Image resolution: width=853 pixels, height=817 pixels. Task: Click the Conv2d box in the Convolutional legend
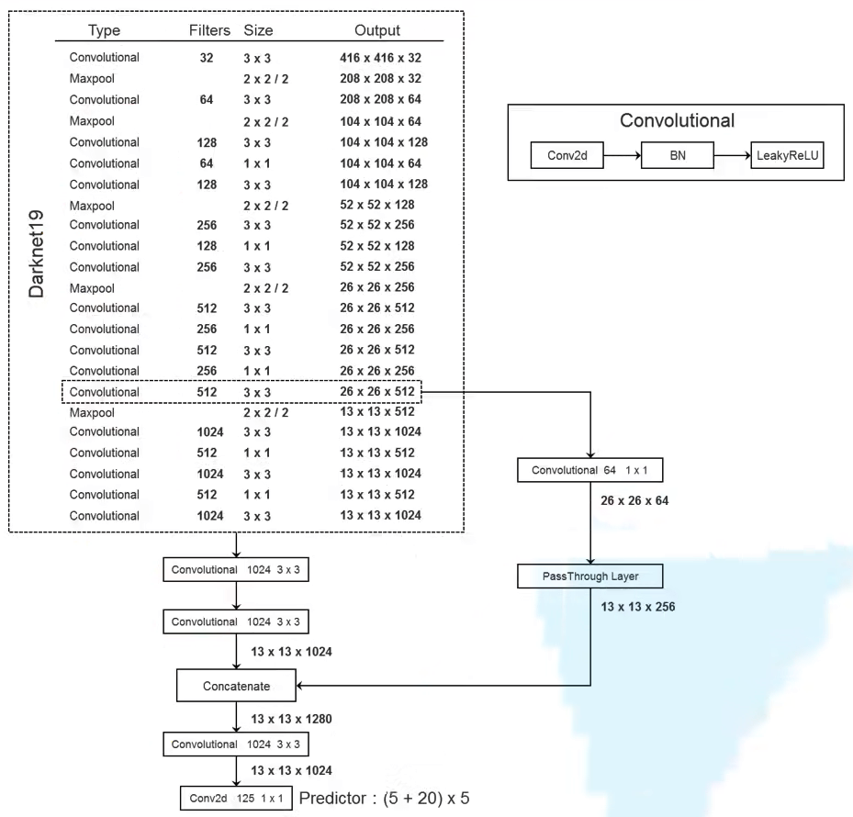(567, 155)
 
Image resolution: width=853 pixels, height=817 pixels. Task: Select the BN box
(678, 155)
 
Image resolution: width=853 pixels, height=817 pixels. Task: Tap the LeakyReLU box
(787, 155)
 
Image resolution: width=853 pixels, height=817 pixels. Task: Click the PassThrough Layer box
(590, 576)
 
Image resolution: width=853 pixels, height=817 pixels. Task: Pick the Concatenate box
(236, 686)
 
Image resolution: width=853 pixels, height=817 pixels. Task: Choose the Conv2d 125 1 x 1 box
(236, 798)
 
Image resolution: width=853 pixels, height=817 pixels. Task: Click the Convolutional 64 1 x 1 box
(590, 470)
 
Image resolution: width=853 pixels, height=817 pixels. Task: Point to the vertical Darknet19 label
(36, 253)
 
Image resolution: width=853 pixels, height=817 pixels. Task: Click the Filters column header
(209, 30)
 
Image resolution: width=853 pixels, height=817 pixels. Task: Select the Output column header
(377, 30)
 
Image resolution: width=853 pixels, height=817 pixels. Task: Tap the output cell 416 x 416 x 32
(381, 58)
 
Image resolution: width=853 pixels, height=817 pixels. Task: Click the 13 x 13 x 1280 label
(291, 719)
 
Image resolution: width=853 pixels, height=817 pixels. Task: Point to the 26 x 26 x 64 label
(634, 500)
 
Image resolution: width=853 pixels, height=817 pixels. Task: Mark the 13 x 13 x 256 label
(637, 607)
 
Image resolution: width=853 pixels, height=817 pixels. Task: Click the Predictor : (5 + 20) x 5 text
(384, 798)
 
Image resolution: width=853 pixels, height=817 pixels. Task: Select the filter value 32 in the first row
(207, 58)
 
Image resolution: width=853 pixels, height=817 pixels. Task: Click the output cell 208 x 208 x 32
(381, 78)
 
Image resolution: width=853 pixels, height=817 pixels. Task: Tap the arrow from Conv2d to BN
(623, 155)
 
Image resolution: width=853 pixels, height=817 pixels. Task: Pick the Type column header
(104, 30)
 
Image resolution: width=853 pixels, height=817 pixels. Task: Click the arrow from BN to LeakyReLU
(732, 155)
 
